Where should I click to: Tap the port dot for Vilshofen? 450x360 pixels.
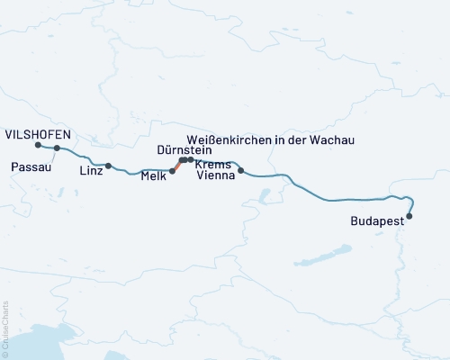coord(38,145)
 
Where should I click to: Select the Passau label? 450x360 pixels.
coord(31,166)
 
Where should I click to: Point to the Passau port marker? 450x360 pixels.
coord(57,148)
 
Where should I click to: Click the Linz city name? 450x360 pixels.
coord(91,170)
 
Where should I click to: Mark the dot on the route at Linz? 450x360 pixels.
coord(109,166)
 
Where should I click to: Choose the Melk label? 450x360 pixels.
coord(154,177)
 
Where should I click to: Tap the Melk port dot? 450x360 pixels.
coord(173,170)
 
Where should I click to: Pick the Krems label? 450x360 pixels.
coord(213,165)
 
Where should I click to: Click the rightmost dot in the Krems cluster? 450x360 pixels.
coord(191,159)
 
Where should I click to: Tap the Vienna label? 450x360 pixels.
coord(217,177)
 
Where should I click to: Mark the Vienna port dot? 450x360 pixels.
coord(240,169)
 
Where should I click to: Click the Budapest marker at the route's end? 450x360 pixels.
coord(410,216)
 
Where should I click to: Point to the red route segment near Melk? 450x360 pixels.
coord(176,166)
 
